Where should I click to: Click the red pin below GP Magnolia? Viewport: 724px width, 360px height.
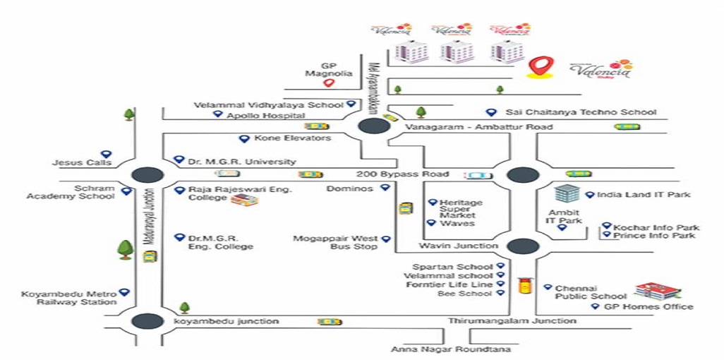tap(328, 84)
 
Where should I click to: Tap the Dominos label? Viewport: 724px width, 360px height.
tap(351, 188)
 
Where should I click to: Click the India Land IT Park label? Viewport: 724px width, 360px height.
tap(643, 195)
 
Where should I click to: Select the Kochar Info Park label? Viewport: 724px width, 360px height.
tap(656, 227)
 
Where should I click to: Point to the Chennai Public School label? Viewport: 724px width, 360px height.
tap(591, 292)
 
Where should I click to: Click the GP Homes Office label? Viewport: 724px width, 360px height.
tap(648, 306)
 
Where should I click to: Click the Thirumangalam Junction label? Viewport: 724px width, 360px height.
tap(512, 321)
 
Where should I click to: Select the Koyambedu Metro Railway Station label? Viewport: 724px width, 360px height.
tap(69, 297)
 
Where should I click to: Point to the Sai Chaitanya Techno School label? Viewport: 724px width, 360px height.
tap(581, 112)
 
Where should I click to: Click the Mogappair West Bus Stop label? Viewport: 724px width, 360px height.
tap(345, 243)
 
